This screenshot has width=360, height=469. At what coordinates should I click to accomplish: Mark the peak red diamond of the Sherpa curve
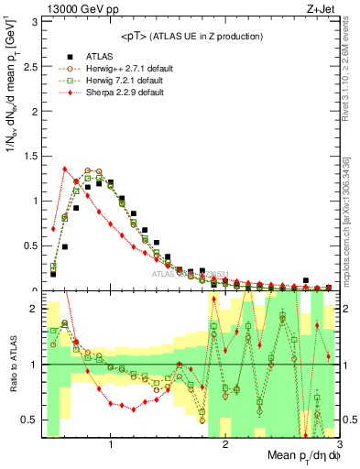coord(65,169)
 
